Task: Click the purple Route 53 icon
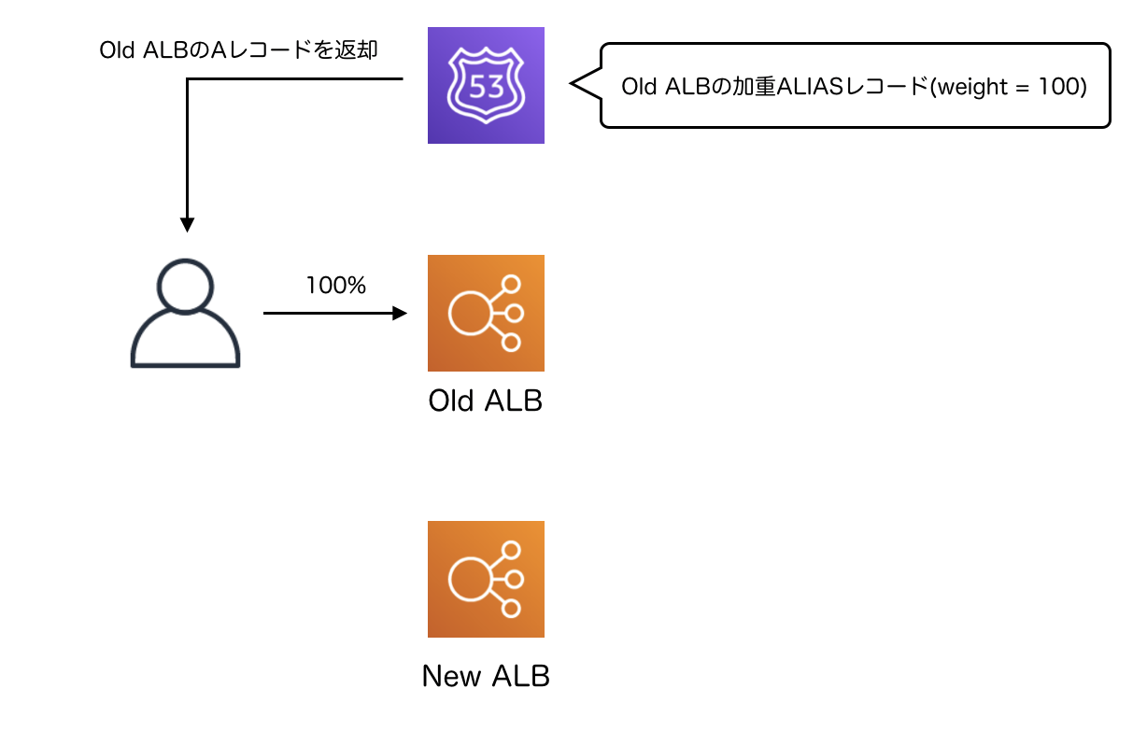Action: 486,86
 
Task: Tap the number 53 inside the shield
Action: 486,88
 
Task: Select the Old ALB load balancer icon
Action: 486,313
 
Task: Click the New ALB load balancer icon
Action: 486,579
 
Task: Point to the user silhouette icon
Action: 186,314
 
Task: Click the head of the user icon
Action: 186,285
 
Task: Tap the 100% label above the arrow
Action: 335,286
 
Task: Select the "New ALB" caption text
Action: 486,676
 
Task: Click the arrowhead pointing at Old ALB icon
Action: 401,314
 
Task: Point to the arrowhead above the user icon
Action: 187,225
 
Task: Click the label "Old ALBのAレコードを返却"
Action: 238,50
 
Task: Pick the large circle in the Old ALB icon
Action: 471,313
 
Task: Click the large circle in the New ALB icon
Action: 471,579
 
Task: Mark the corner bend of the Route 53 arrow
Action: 188,79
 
